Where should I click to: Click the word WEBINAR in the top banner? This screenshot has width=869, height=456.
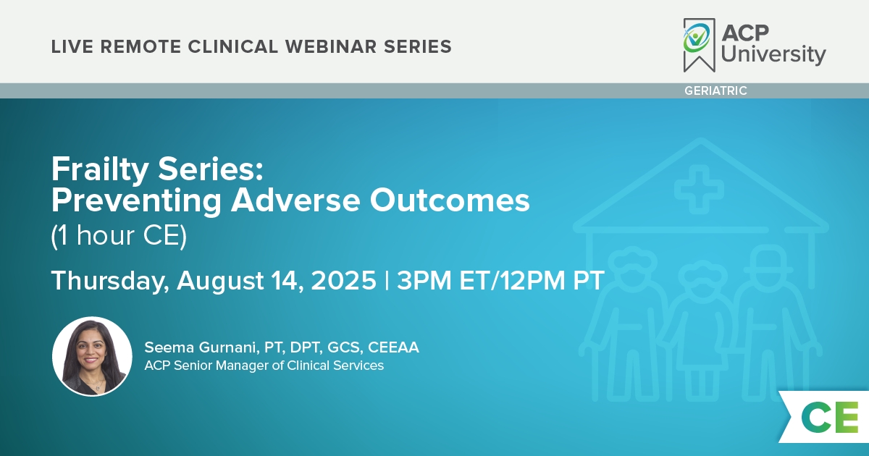click(x=331, y=47)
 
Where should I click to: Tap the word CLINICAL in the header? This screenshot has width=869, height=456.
click(x=232, y=47)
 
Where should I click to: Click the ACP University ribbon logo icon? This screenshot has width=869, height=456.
click(x=699, y=45)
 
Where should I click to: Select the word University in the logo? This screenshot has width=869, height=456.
click(x=773, y=54)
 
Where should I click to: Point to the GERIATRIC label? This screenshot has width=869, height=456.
click(x=715, y=90)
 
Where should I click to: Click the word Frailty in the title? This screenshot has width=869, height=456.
click(x=100, y=169)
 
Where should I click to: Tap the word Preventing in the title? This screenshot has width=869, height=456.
click(x=136, y=201)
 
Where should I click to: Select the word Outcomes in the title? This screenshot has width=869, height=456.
click(x=450, y=200)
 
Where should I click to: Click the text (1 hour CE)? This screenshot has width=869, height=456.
click(x=119, y=235)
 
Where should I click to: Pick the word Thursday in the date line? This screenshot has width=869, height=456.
click(x=110, y=281)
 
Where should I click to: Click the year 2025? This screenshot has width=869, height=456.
click(x=344, y=280)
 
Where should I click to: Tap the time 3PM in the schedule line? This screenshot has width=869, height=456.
click(x=424, y=280)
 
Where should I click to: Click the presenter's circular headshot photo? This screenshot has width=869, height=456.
click(x=92, y=356)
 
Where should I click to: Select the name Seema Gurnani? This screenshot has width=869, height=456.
click(x=201, y=347)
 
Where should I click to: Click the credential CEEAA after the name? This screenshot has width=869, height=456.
click(x=393, y=347)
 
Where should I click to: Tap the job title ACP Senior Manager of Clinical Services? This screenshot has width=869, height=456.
click(x=264, y=366)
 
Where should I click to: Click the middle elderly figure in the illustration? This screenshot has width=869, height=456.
click(x=701, y=330)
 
